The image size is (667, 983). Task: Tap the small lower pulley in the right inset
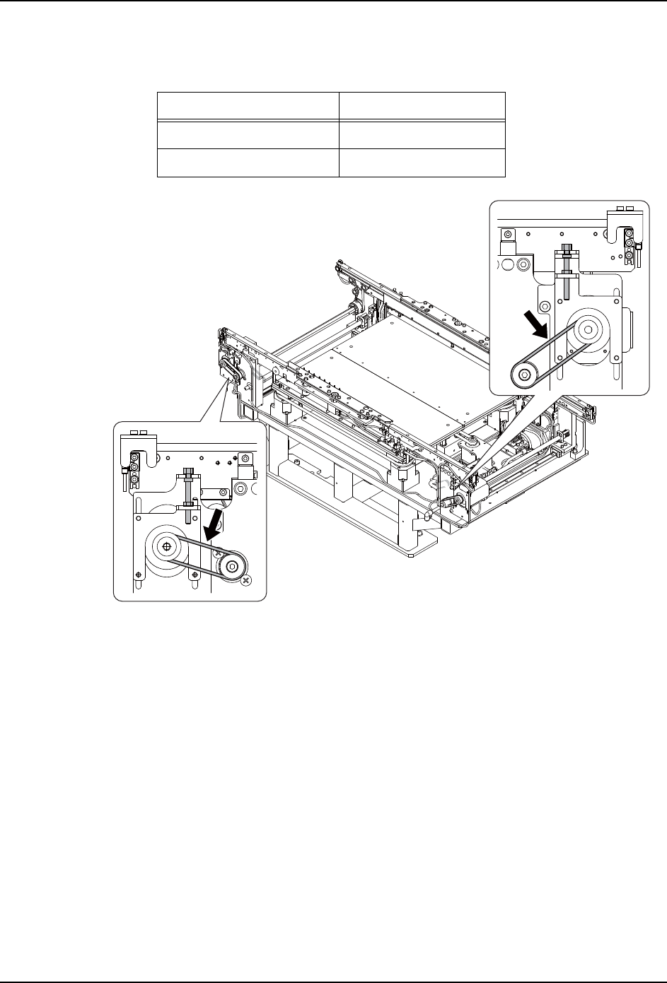pos(524,375)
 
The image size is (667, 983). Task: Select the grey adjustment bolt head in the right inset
pos(567,248)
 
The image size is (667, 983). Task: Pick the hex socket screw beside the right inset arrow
pos(545,306)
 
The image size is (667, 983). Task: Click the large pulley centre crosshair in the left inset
pos(166,546)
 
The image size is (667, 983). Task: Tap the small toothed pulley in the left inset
pos(229,565)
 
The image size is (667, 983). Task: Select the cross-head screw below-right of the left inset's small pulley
pos(245,580)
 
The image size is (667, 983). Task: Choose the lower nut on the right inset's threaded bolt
pos(567,278)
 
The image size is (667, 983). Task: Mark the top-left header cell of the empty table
pos(248,105)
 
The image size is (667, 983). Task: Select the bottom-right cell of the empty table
pos(422,162)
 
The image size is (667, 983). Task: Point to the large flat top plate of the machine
pos(396,382)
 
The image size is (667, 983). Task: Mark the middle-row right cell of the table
pos(422,134)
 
